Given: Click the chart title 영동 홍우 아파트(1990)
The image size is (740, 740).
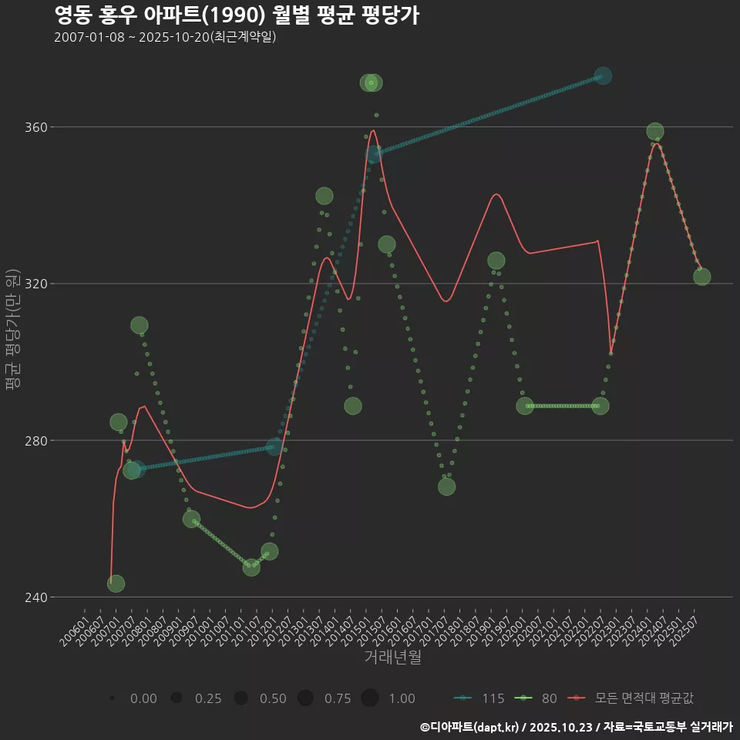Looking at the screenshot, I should [237, 15].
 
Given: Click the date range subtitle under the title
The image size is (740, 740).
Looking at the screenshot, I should [165, 37].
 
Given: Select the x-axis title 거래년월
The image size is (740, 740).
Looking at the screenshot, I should [392, 658].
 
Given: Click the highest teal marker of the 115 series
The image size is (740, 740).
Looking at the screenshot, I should [603, 76].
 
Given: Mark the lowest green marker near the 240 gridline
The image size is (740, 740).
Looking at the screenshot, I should [116, 584].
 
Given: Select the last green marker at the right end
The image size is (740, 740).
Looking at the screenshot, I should [701, 277].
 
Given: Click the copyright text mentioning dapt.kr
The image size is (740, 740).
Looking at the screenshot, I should [576, 727].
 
